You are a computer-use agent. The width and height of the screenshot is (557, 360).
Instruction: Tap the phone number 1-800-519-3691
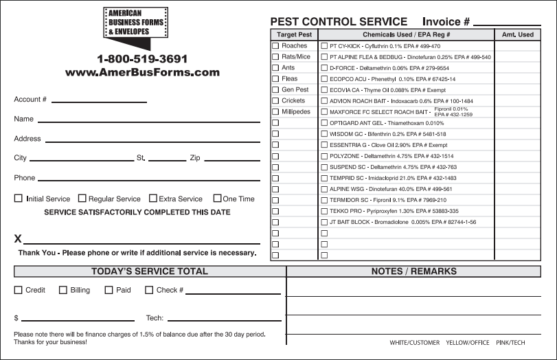pos(142,59)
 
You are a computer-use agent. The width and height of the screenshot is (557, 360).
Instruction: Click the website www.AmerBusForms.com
pos(142,72)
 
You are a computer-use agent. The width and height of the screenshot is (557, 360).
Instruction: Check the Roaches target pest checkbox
pos(275,46)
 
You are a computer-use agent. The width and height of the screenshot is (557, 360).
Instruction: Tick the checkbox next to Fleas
pos(275,79)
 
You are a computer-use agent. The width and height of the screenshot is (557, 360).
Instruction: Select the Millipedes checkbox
pos(275,112)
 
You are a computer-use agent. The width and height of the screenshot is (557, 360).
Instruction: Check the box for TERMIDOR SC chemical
pos(324,200)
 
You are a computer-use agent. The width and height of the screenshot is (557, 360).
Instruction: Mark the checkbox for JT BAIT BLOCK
pos(324,222)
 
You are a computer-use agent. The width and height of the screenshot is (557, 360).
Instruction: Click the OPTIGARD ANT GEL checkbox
pos(324,123)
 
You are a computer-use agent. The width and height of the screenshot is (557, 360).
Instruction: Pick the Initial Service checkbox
pos(19,199)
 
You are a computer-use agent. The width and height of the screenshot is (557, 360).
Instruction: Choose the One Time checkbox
pos(217,199)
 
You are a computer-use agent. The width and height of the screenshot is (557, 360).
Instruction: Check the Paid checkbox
pos(109,290)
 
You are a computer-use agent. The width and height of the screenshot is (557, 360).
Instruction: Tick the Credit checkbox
pos(19,290)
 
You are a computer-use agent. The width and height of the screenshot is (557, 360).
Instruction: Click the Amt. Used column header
pos(518,34)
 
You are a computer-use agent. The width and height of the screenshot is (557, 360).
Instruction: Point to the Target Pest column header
pos(294,34)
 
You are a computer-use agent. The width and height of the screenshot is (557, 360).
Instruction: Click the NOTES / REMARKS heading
pos(413,271)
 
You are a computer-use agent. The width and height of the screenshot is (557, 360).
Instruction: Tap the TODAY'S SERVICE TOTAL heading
pos(149,271)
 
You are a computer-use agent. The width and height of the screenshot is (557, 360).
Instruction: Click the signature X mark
pos(19,239)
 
